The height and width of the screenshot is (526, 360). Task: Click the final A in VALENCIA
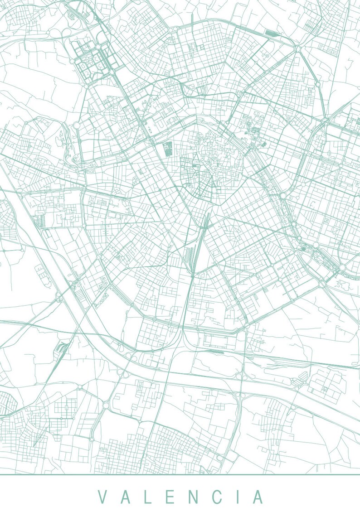(258, 497)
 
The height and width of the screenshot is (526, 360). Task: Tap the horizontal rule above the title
(180, 474)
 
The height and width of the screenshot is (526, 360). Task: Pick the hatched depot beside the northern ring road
(272, 33)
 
